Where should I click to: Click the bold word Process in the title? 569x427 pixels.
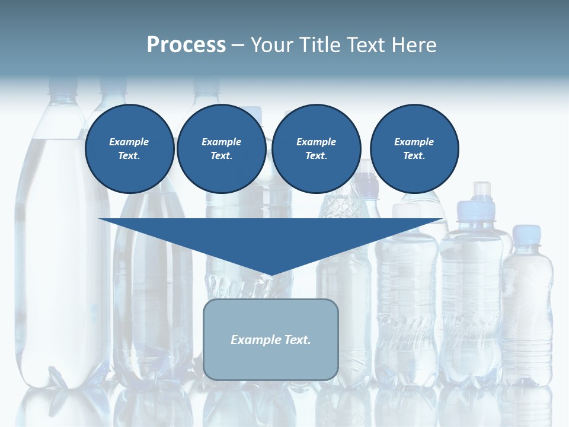(186, 45)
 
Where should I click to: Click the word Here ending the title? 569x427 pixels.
(417, 45)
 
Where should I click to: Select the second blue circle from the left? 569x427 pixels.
(221, 149)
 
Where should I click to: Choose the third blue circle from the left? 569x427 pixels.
(316, 149)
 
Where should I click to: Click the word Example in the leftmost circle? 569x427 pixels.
(129, 142)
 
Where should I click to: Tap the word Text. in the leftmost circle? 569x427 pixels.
(129, 156)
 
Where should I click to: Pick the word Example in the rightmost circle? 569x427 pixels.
(414, 142)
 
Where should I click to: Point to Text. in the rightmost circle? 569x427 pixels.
(414, 156)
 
